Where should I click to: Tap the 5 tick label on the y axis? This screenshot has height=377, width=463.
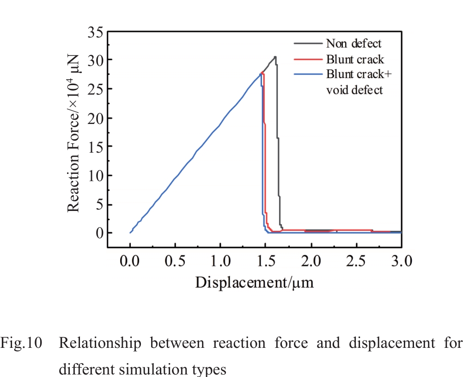pyautogui.click(x=97, y=204)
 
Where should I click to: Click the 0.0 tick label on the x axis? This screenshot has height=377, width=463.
pyautogui.click(x=130, y=261)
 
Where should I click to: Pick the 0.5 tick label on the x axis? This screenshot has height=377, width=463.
pyautogui.click(x=175, y=261)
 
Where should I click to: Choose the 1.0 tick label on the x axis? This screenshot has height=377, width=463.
pyautogui.click(x=220, y=261)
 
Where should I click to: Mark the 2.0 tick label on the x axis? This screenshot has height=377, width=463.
pyautogui.click(x=311, y=261)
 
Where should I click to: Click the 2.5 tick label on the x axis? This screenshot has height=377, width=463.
pyautogui.click(x=356, y=261)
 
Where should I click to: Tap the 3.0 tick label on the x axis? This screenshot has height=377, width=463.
pyautogui.click(x=400, y=261)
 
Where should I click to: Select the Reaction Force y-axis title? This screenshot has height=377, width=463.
pyautogui.click(x=74, y=133)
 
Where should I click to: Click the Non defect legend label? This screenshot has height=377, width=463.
pyautogui.click(x=354, y=44)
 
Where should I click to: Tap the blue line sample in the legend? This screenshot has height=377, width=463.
pyautogui.click(x=308, y=74)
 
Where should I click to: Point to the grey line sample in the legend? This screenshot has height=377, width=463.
pyautogui.click(x=308, y=43)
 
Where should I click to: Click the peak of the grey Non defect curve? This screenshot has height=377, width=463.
pyautogui.click(x=275, y=57)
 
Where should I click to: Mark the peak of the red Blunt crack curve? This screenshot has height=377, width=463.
pyautogui.click(x=262, y=72)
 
